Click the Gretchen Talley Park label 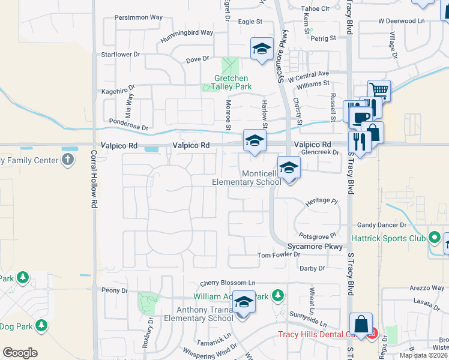click(x=233, y=82)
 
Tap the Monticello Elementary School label click(x=245, y=178)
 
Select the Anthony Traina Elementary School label click(x=200, y=314)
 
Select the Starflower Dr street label click(x=121, y=54)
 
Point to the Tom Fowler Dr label click(x=278, y=254)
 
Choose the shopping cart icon click(x=379, y=91)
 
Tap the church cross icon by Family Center click(x=68, y=160)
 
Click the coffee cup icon click(x=360, y=116)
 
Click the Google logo click(x=20, y=353)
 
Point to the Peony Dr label click(x=115, y=290)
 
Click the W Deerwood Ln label click(x=402, y=21)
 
